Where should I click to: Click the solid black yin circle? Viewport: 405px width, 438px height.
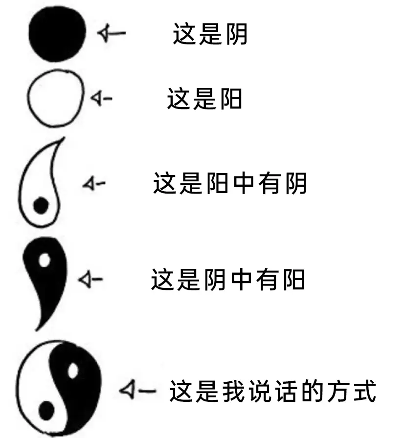(57, 34)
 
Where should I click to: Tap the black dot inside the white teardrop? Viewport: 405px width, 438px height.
(41, 206)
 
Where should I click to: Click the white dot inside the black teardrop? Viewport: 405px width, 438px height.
(45, 260)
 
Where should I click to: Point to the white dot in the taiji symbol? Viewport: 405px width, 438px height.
(73, 371)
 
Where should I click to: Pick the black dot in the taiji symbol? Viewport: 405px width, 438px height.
(46, 411)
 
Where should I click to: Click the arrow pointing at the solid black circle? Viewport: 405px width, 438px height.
(111, 33)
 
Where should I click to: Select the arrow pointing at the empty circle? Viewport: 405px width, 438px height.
(101, 98)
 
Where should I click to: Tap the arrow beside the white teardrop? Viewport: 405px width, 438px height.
(94, 183)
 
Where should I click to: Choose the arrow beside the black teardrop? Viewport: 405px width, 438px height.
(90, 279)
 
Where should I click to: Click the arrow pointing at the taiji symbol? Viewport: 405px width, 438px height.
(137, 390)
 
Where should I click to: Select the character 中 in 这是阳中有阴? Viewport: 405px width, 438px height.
(244, 183)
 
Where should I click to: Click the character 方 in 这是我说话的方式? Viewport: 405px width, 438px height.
(339, 391)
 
